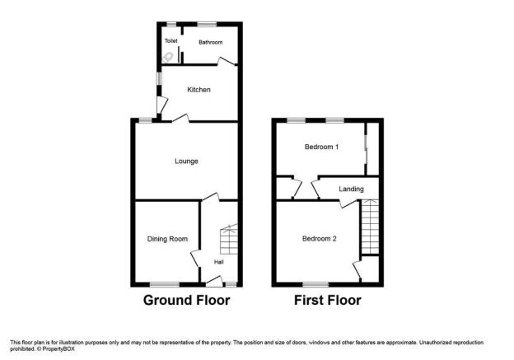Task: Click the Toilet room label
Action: pos(171,40)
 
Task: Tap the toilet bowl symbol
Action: pos(167,58)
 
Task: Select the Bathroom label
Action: pos(210,42)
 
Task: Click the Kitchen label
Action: pos(199,90)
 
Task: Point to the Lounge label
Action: pos(186,161)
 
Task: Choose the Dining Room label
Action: pos(167,239)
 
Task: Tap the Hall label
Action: pos(218,262)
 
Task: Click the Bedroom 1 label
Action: pos(321,147)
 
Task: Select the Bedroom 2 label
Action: pos(319,239)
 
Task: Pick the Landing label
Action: pos(351,189)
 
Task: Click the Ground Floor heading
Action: pos(186,300)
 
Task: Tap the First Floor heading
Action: pos(328,300)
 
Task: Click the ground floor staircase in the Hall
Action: pos(229,239)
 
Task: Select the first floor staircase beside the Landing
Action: pos(370,227)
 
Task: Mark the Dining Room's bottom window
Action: pos(165,284)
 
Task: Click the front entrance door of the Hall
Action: pos(214,282)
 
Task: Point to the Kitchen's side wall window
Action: pos(159,79)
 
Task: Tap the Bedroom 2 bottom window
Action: pos(315,284)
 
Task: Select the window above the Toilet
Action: pos(171,24)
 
